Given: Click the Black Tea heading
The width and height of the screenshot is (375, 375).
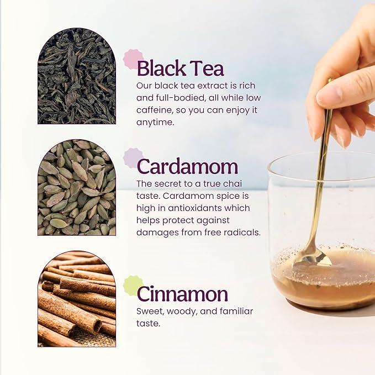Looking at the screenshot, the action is click(x=181, y=68).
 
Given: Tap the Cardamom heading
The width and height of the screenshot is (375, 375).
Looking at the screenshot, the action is click(x=188, y=166).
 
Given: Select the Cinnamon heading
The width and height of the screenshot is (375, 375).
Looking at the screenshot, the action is click(x=182, y=294).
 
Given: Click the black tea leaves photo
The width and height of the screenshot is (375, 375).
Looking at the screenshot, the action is click(x=77, y=76).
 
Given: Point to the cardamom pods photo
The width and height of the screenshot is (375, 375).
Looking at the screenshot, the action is click(x=77, y=188).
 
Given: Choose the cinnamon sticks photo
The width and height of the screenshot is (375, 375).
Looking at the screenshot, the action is click(x=77, y=299).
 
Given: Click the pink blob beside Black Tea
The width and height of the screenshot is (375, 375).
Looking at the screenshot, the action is click(x=132, y=59).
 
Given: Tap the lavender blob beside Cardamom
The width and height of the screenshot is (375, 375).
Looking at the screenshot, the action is click(x=131, y=158).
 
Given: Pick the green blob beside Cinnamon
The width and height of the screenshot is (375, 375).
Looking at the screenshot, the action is click(x=131, y=286).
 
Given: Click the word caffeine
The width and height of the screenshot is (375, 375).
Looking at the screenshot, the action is click(x=155, y=110).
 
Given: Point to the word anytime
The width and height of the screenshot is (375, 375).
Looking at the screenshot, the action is click(x=155, y=123).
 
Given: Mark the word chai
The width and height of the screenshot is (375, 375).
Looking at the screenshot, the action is click(x=232, y=184).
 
